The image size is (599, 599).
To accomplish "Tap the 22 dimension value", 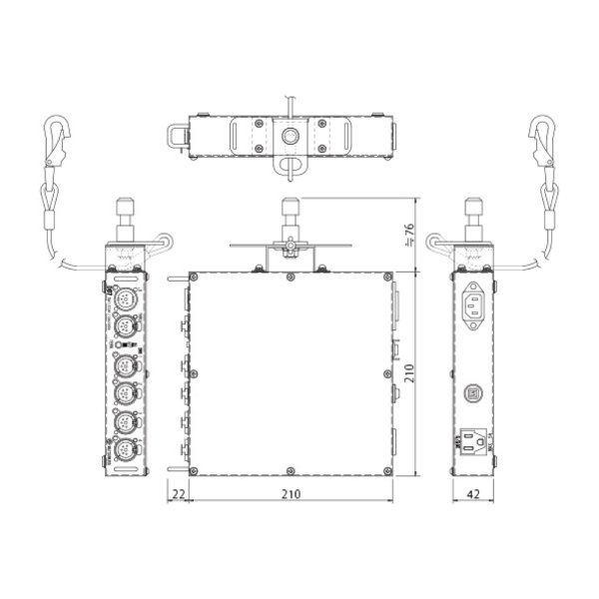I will pyautogui.click(x=177, y=492).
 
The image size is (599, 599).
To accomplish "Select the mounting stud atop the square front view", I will pyautogui.click(x=290, y=215).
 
